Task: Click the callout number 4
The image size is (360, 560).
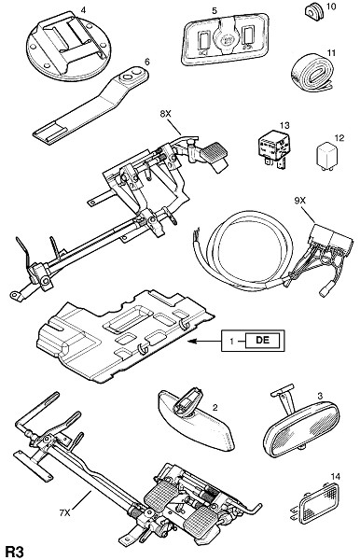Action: (83, 9)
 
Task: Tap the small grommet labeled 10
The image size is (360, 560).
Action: (313, 12)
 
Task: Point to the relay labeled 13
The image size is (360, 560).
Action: (271, 147)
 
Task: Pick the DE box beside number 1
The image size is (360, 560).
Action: (262, 340)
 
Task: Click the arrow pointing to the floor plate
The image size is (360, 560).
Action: (205, 342)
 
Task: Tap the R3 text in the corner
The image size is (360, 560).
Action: (15, 552)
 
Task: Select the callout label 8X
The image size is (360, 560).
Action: (165, 114)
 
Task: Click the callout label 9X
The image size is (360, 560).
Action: (299, 201)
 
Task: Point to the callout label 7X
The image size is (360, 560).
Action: (65, 513)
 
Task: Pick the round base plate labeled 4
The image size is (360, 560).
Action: (69, 46)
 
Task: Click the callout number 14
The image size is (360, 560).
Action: (336, 476)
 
